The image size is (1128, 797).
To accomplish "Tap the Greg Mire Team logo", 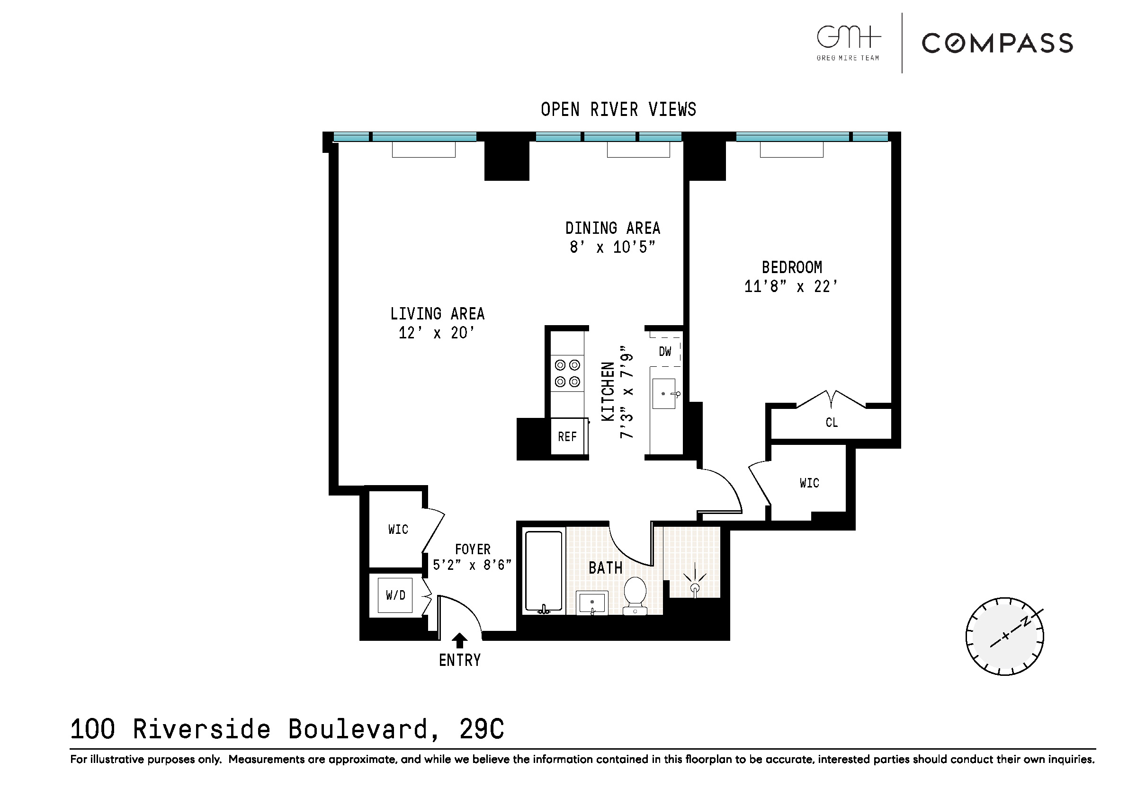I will (848, 43).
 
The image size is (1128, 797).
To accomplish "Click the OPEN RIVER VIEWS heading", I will (618, 109).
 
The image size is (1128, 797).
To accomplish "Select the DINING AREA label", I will (612, 228).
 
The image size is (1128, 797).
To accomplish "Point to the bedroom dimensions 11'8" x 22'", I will (790, 286).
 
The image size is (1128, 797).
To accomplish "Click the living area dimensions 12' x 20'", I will (436, 333).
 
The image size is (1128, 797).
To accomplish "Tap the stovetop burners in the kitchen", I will (567, 373).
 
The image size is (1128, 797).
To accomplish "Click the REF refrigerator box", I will (567, 436).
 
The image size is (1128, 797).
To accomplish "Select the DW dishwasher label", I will (665, 352).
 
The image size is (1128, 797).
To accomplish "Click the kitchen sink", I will (664, 394).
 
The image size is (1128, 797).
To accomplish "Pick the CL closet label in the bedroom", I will (831, 423).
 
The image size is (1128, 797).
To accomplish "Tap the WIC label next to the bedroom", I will (809, 483).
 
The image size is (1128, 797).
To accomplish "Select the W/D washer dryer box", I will (395, 595).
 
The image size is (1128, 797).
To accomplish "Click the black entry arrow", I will (459, 640).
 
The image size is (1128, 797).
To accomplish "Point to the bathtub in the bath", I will (543, 571).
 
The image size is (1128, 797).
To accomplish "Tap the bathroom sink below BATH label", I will (591, 602).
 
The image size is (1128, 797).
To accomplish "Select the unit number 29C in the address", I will (482, 729).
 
